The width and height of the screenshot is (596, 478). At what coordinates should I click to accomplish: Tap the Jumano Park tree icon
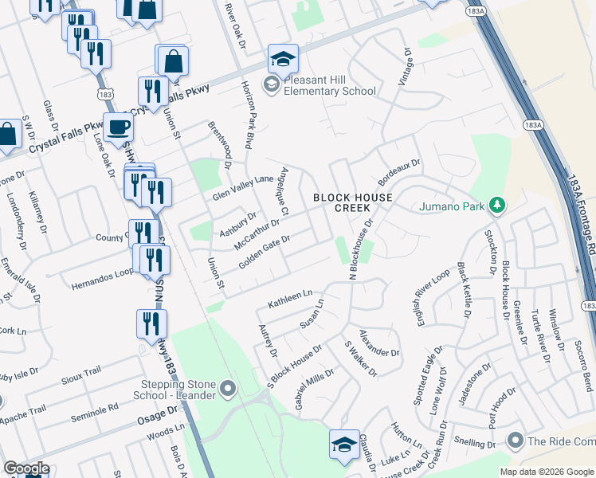(x=497, y=206)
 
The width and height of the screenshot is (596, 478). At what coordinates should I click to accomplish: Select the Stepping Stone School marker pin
(x=229, y=390)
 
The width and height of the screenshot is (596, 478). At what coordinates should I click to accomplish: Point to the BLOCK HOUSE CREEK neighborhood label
(x=352, y=202)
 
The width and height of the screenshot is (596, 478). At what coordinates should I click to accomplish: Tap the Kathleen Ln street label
(x=290, y=300)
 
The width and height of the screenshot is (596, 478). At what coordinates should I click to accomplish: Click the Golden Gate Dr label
(x=264, y=252)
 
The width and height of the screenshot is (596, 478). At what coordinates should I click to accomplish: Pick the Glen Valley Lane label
(x=243, y=187)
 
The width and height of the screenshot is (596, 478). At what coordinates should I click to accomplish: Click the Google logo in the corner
(x=25, y=469)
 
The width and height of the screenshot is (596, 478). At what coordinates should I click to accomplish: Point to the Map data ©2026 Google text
(x=546, y=472)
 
